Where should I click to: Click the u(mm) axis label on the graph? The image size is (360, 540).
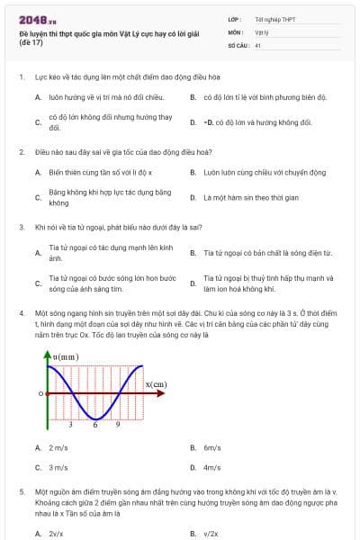click(x=67, y=357)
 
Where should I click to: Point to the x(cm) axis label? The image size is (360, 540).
click(x=156, y=385)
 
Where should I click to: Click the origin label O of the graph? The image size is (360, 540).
click(x=40, y=393)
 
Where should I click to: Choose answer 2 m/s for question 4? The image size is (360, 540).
click(x=58, y=447)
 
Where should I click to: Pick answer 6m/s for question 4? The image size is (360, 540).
click(x=212, y=447)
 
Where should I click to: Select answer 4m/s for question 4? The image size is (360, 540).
click(x=212, y=467)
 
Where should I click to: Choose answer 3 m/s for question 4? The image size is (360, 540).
click(x=58, y=467)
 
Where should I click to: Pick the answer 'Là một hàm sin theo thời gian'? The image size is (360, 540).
click(x=238, y=197)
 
